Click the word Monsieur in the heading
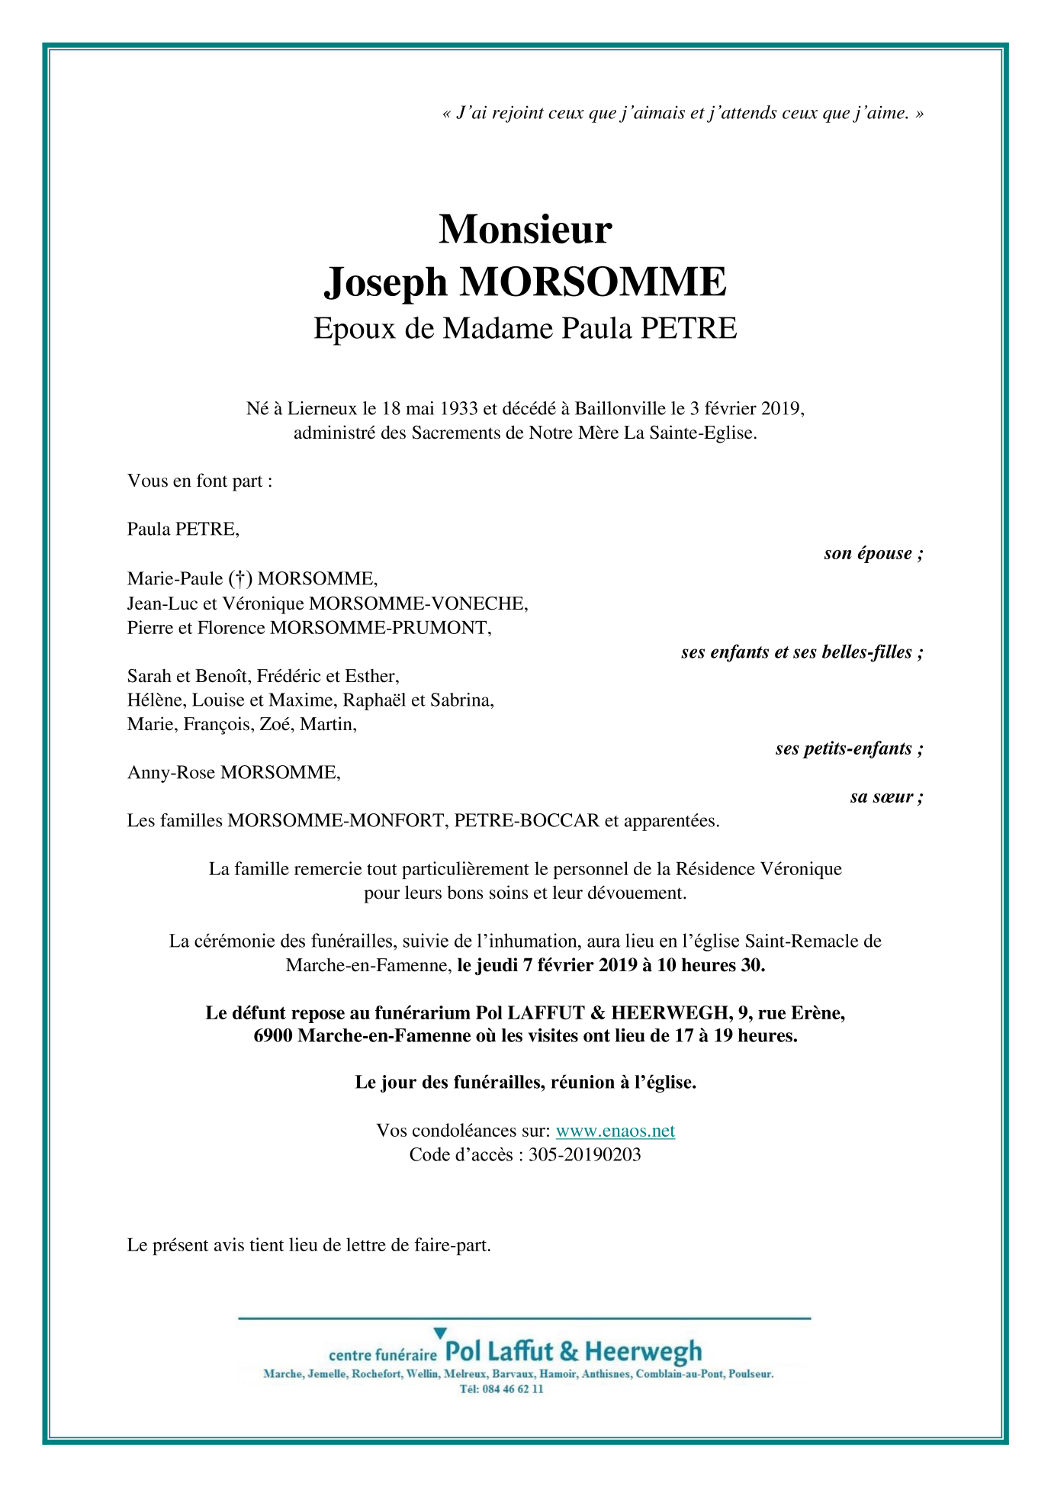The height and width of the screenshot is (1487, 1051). point(525,229)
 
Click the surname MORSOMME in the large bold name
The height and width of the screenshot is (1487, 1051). point(593,282)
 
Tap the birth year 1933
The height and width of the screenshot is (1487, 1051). point(458,408)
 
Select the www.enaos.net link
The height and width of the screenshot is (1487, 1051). point(615,1131)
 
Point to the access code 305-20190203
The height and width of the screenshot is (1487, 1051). point(584,1154)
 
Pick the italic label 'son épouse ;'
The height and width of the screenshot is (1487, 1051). point(873,553)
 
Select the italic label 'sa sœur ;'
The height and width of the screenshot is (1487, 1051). point(886,797)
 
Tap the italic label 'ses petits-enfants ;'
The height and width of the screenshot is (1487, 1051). point(849,748)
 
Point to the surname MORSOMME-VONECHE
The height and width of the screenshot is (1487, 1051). point(418,603)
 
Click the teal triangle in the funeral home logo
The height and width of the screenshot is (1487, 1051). point(440,1333)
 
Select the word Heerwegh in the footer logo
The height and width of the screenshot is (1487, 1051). point(642,1353)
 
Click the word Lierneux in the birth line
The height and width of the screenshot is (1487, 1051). point(322,408)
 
